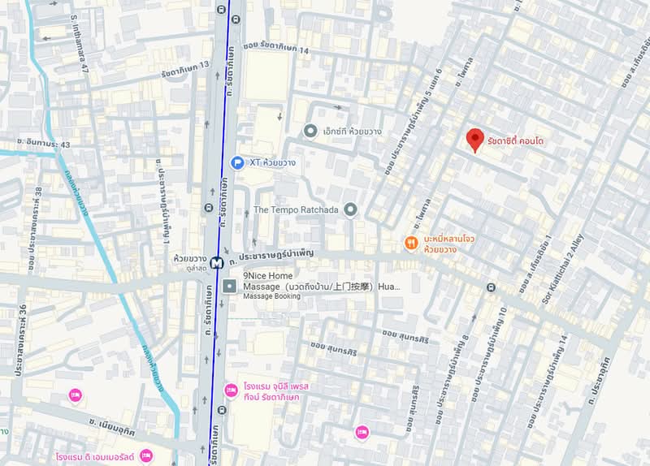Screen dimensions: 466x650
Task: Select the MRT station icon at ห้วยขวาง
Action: [215, 262]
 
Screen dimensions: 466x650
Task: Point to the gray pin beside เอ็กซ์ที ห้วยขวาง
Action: [310, 131]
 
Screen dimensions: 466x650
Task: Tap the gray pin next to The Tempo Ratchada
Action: [351, 210]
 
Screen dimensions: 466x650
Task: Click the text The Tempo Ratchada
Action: [297, 210]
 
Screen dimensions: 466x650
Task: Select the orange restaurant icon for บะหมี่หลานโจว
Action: [412, 243]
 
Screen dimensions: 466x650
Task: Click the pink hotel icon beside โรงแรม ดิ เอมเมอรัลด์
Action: [146, 455]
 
